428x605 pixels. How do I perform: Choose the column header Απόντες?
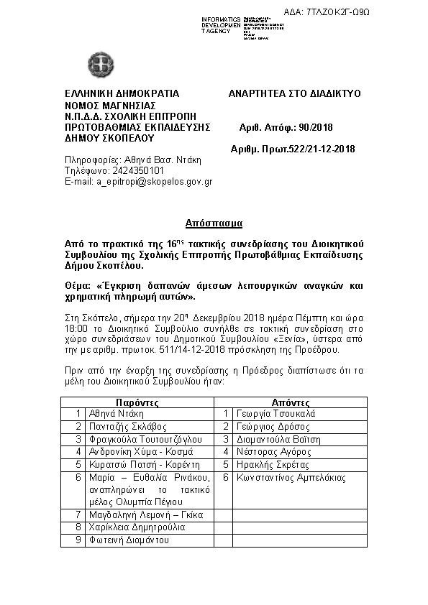coord(291,403)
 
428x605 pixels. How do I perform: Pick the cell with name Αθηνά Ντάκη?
coord(117,414)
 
